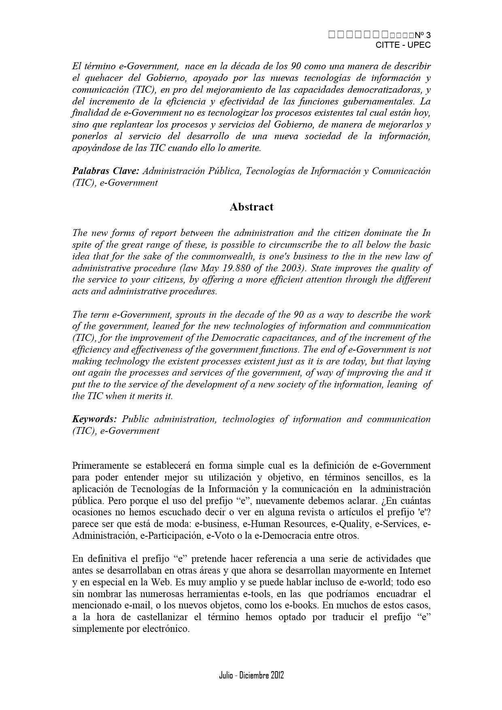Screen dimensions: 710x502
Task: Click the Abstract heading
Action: [251, 207]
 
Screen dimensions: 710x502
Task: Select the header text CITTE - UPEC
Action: [403, 45]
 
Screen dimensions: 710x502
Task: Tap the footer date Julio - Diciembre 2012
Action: [251, 675]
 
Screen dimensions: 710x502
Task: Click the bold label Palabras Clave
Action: [105, 171]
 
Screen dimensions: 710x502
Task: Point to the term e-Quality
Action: [351, 524]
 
